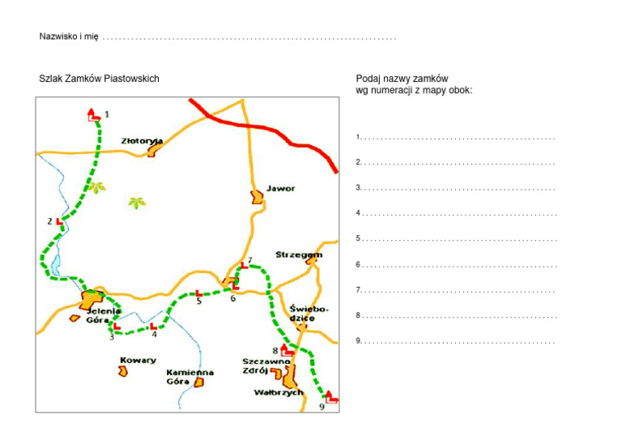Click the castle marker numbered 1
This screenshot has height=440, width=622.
click(93, 115)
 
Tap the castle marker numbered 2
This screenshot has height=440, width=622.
click(59, 220)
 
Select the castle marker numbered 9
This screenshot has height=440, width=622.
click(330, 396)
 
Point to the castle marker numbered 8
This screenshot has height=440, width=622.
click(286, 350)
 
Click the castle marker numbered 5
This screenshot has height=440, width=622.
click(198, 293)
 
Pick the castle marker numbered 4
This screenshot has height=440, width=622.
click(152, 327)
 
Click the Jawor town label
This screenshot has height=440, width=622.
click(280, 189)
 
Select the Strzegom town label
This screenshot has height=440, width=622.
click(299, 254)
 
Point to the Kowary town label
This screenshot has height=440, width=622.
click(138, 361)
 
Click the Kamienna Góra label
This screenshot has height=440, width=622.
click(190, 376)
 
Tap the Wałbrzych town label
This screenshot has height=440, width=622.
click(278, 393)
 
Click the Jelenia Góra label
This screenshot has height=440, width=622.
click(104, 315)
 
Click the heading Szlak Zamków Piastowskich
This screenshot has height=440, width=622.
click(99, 79)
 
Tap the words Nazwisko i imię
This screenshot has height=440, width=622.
click(69, 37)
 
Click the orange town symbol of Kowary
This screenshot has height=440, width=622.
click(123, 371)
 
